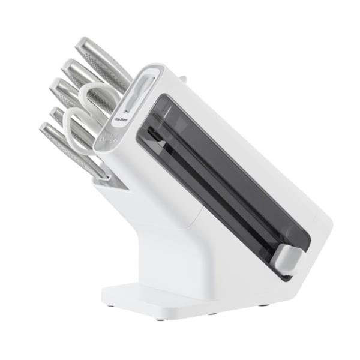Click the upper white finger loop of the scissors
point(98,96)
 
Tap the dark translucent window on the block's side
point(228,180)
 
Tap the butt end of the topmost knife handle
point(82,44)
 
